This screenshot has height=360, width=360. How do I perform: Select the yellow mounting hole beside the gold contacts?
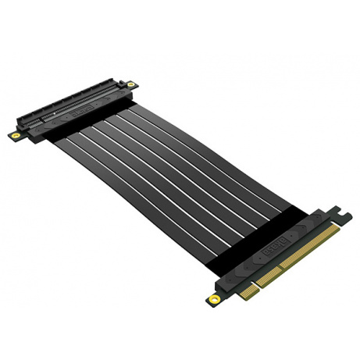213,300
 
